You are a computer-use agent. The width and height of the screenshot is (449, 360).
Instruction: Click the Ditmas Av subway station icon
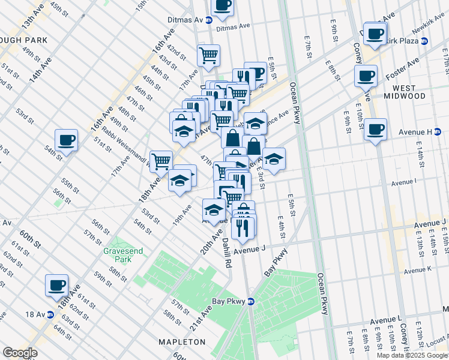coord(209,20)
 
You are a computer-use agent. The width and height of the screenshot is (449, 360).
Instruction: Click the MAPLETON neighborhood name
coord(182,341)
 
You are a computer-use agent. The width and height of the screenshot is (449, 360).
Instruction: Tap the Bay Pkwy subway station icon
coord(251,301)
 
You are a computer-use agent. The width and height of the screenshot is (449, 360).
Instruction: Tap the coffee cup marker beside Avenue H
coord(375,129)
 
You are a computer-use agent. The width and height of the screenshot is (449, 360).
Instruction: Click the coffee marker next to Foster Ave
coord(366,76)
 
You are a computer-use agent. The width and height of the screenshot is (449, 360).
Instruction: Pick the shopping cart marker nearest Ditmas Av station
coord(208,56)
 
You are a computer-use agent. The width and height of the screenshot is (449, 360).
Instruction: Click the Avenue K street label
coord(418,271)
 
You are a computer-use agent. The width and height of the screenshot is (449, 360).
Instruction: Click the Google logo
coord(20,353)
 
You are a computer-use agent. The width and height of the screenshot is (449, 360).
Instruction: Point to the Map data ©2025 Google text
coord(411,355)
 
